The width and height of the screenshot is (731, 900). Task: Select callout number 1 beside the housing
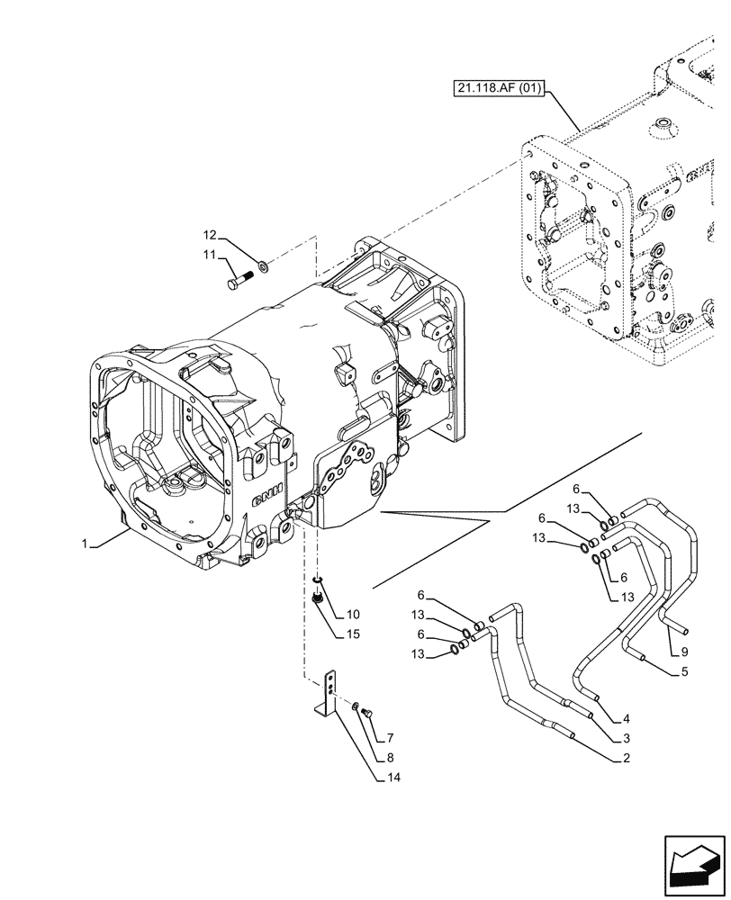pos(85,544)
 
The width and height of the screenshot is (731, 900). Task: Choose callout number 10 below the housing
pos(352,615)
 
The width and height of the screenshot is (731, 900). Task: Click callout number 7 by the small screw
pos(390,737)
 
